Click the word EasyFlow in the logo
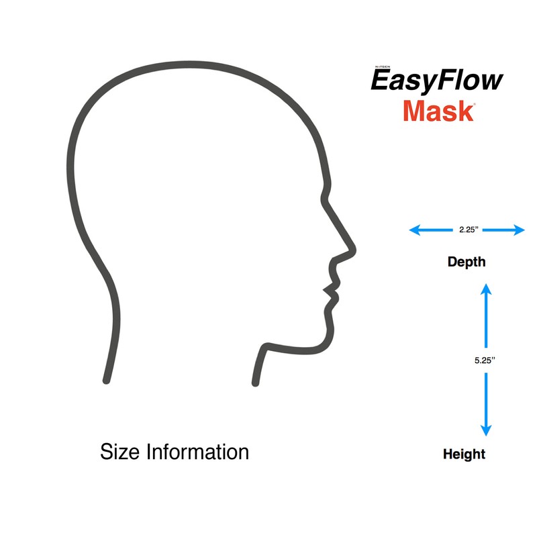pyautogui.click(x=437, y=81)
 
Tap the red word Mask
pyautogui.click(x=438, y=111)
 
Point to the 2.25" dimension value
pyautogui.click(x=468, y=230)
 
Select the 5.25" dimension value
pyautogui.click(x=485, y=360)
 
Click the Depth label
pyautogui.click(x=467, y=262)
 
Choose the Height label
pyautogui.click(x=464, y=454)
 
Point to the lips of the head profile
pyautogui.click(x=331, y=291)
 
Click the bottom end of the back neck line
pyautogui.click(x=106, y=381)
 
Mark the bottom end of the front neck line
pyautogui.click(x=255, y=383)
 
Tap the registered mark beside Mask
pyautogui.click(x=475, y=104)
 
